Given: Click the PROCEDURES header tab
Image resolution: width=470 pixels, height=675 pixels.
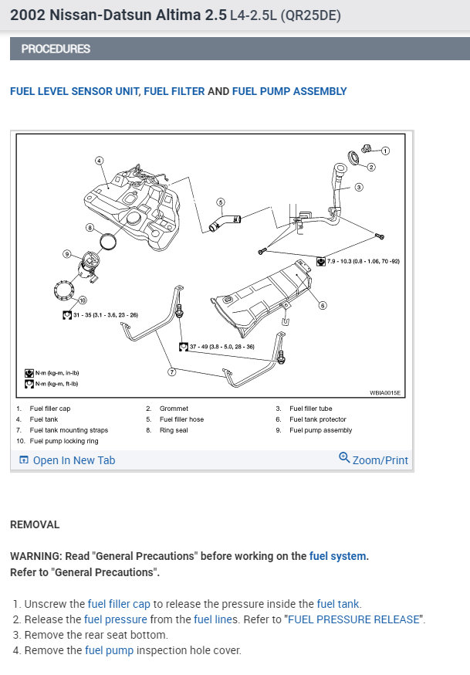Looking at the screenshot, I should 56,49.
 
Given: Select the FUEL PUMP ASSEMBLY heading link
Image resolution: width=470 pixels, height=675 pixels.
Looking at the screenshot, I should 289,91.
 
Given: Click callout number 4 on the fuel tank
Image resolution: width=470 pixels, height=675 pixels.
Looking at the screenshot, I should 100,161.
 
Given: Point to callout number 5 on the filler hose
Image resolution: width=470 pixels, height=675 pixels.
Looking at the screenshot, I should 220,202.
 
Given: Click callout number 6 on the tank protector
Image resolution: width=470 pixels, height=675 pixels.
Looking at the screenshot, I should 323,305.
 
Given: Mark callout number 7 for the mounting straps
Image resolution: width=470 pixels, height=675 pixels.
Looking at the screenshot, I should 172,371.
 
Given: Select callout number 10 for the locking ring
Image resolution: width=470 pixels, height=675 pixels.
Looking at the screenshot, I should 83,300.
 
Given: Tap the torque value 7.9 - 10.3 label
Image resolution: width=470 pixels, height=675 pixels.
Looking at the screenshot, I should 363,262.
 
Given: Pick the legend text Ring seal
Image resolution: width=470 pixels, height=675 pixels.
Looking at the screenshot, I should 174,430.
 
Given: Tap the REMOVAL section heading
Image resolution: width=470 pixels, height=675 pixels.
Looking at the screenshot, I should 35,524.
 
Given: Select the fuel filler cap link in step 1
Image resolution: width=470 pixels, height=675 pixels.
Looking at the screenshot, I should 119,604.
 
